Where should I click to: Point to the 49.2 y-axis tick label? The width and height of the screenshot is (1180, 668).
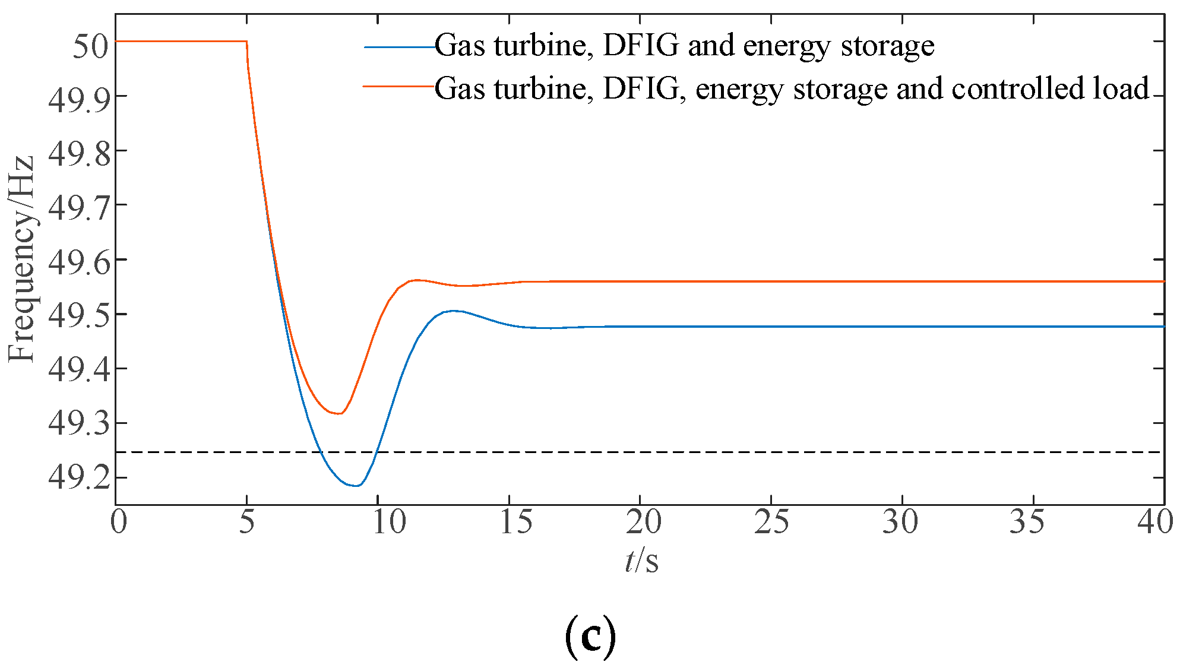[80, 477]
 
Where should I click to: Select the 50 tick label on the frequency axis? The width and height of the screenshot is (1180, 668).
[90, 45]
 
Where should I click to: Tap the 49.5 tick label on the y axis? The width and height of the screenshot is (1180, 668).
[80, 315]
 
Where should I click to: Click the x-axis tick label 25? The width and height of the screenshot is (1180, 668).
[771, 523]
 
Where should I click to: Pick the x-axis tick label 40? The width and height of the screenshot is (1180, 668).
[1154, 523]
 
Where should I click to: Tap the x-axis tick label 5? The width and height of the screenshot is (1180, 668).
[246, 523]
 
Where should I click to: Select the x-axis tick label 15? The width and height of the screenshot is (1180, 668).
[515, 523]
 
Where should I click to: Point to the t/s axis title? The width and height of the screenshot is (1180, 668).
[641, 561]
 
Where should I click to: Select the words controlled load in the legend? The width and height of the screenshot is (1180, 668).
[1051, 88]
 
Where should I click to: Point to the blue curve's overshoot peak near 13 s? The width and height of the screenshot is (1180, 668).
[454, 311]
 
